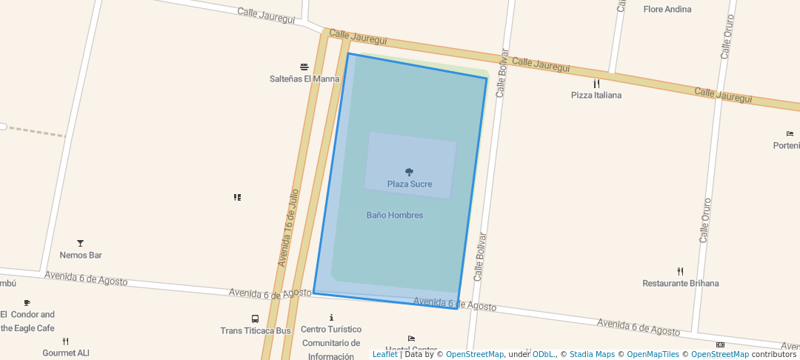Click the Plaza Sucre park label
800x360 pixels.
pos(410,184)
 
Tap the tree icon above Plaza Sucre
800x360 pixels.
pos(409,172)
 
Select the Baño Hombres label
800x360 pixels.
pos(395,216)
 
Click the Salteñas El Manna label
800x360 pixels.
pos(304,79)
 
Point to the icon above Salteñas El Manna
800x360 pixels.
pos(304,67)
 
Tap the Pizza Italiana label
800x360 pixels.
pos(596,96)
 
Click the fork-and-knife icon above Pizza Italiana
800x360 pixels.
pos(596,84)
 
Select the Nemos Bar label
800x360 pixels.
pos(81,256)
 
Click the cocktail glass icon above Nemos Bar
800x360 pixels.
pos(80,243)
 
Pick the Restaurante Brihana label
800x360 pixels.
pos(681,284)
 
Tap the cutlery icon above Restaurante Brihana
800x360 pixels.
pos(680,272)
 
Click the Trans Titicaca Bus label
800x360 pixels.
pos(256,330)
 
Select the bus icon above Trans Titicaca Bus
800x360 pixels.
pos(256,319)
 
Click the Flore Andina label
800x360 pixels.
pos(667,10)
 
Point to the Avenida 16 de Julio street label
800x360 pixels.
pos(288,228)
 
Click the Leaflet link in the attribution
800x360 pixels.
pos(384,354)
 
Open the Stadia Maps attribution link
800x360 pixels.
pos(592,354)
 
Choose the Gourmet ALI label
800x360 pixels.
pos(66,353)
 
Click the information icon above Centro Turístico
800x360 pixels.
pos(331,318)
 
